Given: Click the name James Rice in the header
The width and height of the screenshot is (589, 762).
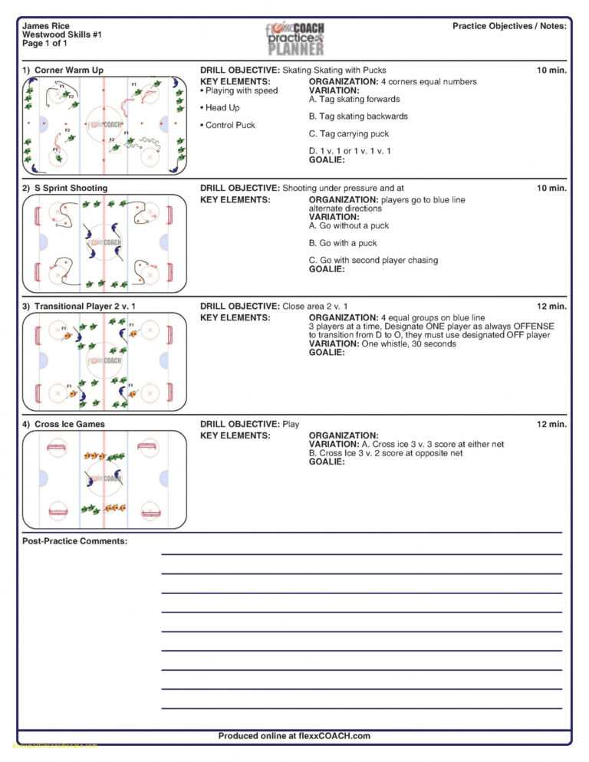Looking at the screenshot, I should coord(45,26).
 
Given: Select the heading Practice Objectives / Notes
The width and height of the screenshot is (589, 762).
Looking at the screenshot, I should coord(509,26).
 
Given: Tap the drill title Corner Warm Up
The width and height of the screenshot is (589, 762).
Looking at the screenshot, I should coord(68,71).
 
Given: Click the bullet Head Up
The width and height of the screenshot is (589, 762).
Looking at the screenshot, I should coord(222,108).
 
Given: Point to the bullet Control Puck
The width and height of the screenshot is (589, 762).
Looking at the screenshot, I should coord(229,125).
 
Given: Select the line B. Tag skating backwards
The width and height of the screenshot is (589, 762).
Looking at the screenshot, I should coord(358,117).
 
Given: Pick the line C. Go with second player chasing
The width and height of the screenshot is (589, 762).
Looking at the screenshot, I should coord(373,261).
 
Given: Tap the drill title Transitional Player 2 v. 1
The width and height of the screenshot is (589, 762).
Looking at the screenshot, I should coord(84,307).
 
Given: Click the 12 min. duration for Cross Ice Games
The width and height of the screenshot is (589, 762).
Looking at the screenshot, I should coord(551,425).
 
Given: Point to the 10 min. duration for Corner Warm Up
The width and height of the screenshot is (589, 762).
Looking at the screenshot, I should coord(551,71).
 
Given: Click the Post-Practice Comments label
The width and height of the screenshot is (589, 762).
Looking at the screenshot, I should coord(74,542).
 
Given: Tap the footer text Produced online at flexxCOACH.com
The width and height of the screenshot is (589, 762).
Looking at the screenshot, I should coord(294,736).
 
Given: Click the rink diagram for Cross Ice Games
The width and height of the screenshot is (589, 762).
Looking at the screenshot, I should coord(104,480).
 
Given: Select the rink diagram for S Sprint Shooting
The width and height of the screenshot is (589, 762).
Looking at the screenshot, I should coord(104,244).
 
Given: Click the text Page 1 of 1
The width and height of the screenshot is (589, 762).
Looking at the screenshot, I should coord(44,44).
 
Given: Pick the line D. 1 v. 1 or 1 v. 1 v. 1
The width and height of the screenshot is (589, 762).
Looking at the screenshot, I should coord(350,151).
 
